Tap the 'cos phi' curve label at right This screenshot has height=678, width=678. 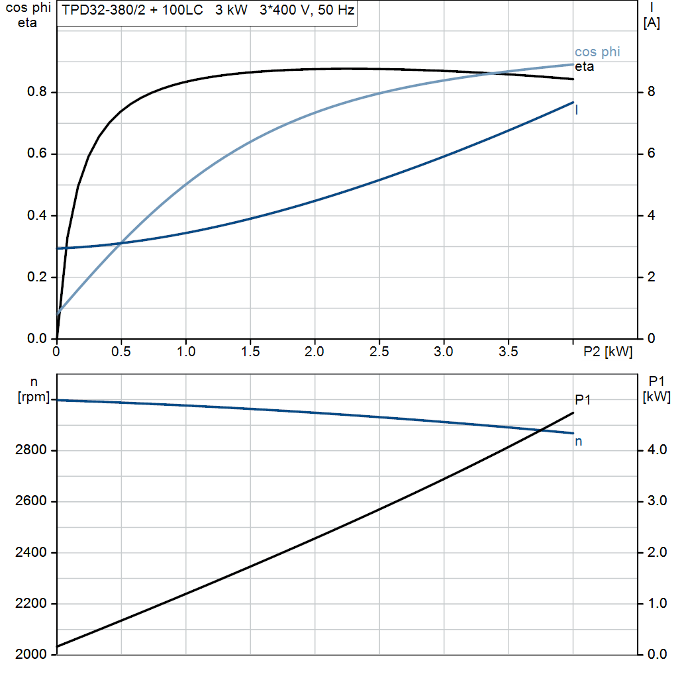tap(597, 52)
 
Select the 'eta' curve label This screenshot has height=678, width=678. tap(584, 66)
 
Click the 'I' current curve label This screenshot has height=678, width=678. tap(577, 111)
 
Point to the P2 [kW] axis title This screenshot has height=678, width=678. tap(608, 352)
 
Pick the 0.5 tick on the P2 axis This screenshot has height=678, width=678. tap(121, 352)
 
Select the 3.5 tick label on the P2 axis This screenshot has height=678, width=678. tap(508, 352)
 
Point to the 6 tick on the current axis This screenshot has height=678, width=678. tap(651, 154)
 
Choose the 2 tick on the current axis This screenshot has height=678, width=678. tap(651, 277)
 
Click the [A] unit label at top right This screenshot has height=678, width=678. tap(652, 23)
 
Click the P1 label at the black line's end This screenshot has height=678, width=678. tap(583, 399)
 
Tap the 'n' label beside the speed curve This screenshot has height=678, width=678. tap(578, 441)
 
